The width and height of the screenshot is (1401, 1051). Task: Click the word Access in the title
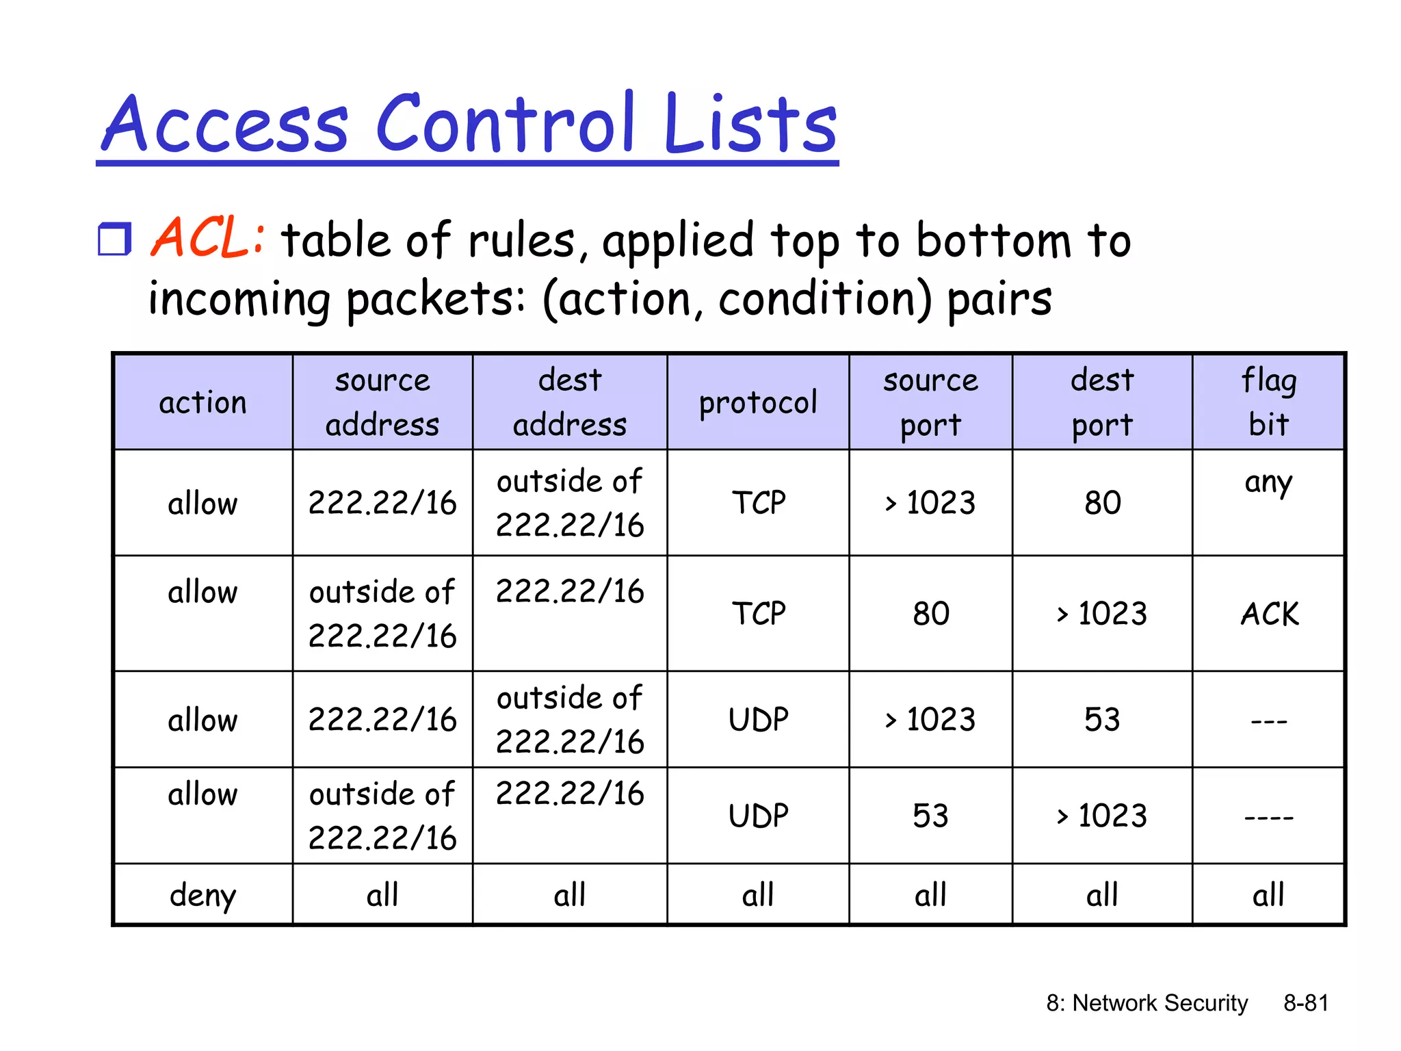pos(225,124)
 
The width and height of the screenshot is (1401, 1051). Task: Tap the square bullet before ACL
pos(114,239)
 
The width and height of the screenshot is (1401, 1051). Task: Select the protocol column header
pos(758,402)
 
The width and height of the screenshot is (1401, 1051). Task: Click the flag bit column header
pos(1268,402)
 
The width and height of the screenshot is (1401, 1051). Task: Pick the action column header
pos(202,402)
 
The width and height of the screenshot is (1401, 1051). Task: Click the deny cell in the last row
pos(202,895)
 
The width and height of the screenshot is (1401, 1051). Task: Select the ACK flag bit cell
pos(1269,614)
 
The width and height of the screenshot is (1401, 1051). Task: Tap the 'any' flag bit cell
pos(1268,483)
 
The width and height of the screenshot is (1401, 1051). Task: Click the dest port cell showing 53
pos(1102,720)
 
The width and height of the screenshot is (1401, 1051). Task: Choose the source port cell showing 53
pos(930,816)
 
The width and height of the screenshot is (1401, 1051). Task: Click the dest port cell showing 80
pos(1102,503)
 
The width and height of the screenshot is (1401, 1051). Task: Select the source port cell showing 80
pos(930,614)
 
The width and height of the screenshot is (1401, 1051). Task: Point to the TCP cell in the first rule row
pos(758,503)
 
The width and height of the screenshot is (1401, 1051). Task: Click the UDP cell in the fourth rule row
pos(758,816)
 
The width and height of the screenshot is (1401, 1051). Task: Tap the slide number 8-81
pos(1305,1003)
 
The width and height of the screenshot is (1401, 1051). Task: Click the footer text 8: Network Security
pos(1147,1003)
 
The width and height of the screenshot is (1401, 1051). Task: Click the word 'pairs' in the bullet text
pos(999,300)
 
